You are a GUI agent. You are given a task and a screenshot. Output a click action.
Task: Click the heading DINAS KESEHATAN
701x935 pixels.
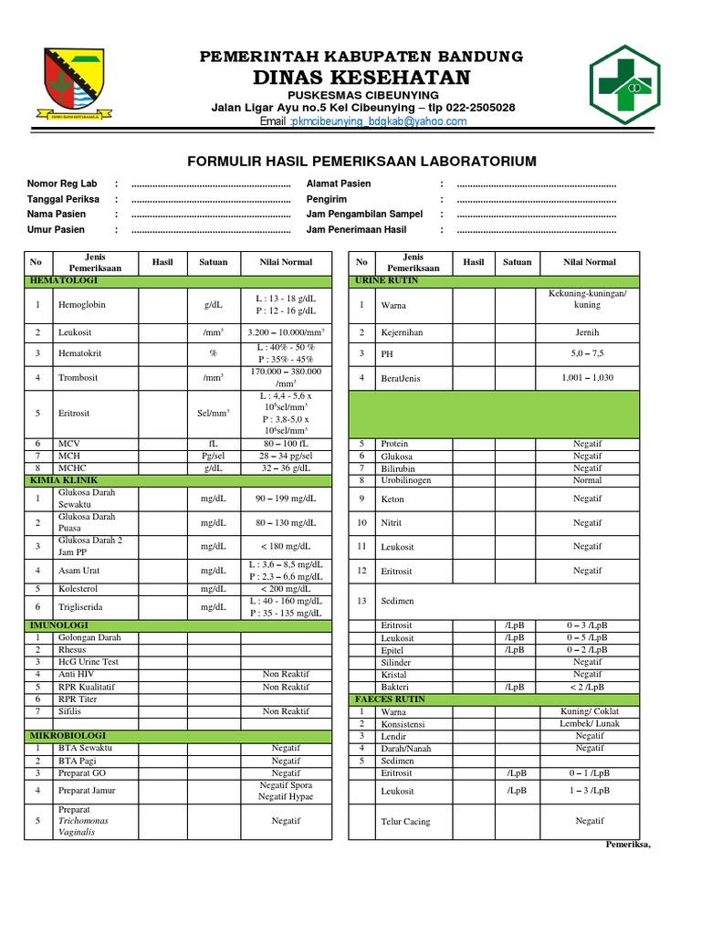pos(361,77)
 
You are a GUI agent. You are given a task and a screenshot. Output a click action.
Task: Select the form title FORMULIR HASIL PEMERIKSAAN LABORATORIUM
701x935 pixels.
pos(361,162)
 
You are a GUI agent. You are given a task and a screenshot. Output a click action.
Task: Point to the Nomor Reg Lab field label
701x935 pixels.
pos(61,184)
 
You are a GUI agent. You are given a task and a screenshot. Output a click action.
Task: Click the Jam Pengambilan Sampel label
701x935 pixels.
pos(364,215)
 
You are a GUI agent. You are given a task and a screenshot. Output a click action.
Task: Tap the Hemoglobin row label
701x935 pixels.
pos(82,305)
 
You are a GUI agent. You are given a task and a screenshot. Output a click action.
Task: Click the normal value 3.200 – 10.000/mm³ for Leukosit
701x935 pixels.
pos(286,332)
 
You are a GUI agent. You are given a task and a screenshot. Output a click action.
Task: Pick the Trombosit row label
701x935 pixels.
pos(78,377)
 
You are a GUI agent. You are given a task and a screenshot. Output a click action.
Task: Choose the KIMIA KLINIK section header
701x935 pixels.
pos(64,480)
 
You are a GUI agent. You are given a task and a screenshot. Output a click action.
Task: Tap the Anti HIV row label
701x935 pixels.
pos(77,674)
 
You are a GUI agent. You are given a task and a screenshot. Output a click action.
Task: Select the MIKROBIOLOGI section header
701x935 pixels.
pos(68,735)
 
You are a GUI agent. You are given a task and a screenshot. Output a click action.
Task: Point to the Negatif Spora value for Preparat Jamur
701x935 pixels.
pos(286,785)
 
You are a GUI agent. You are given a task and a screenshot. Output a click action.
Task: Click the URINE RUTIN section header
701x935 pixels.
pos(387,280)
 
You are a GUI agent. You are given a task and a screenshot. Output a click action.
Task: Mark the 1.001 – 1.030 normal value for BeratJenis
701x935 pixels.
pos(588,377)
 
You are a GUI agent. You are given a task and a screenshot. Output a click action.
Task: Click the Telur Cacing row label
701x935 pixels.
pos(405,822)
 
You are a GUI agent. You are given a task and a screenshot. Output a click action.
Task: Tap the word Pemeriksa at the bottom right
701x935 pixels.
pos(627,845)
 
